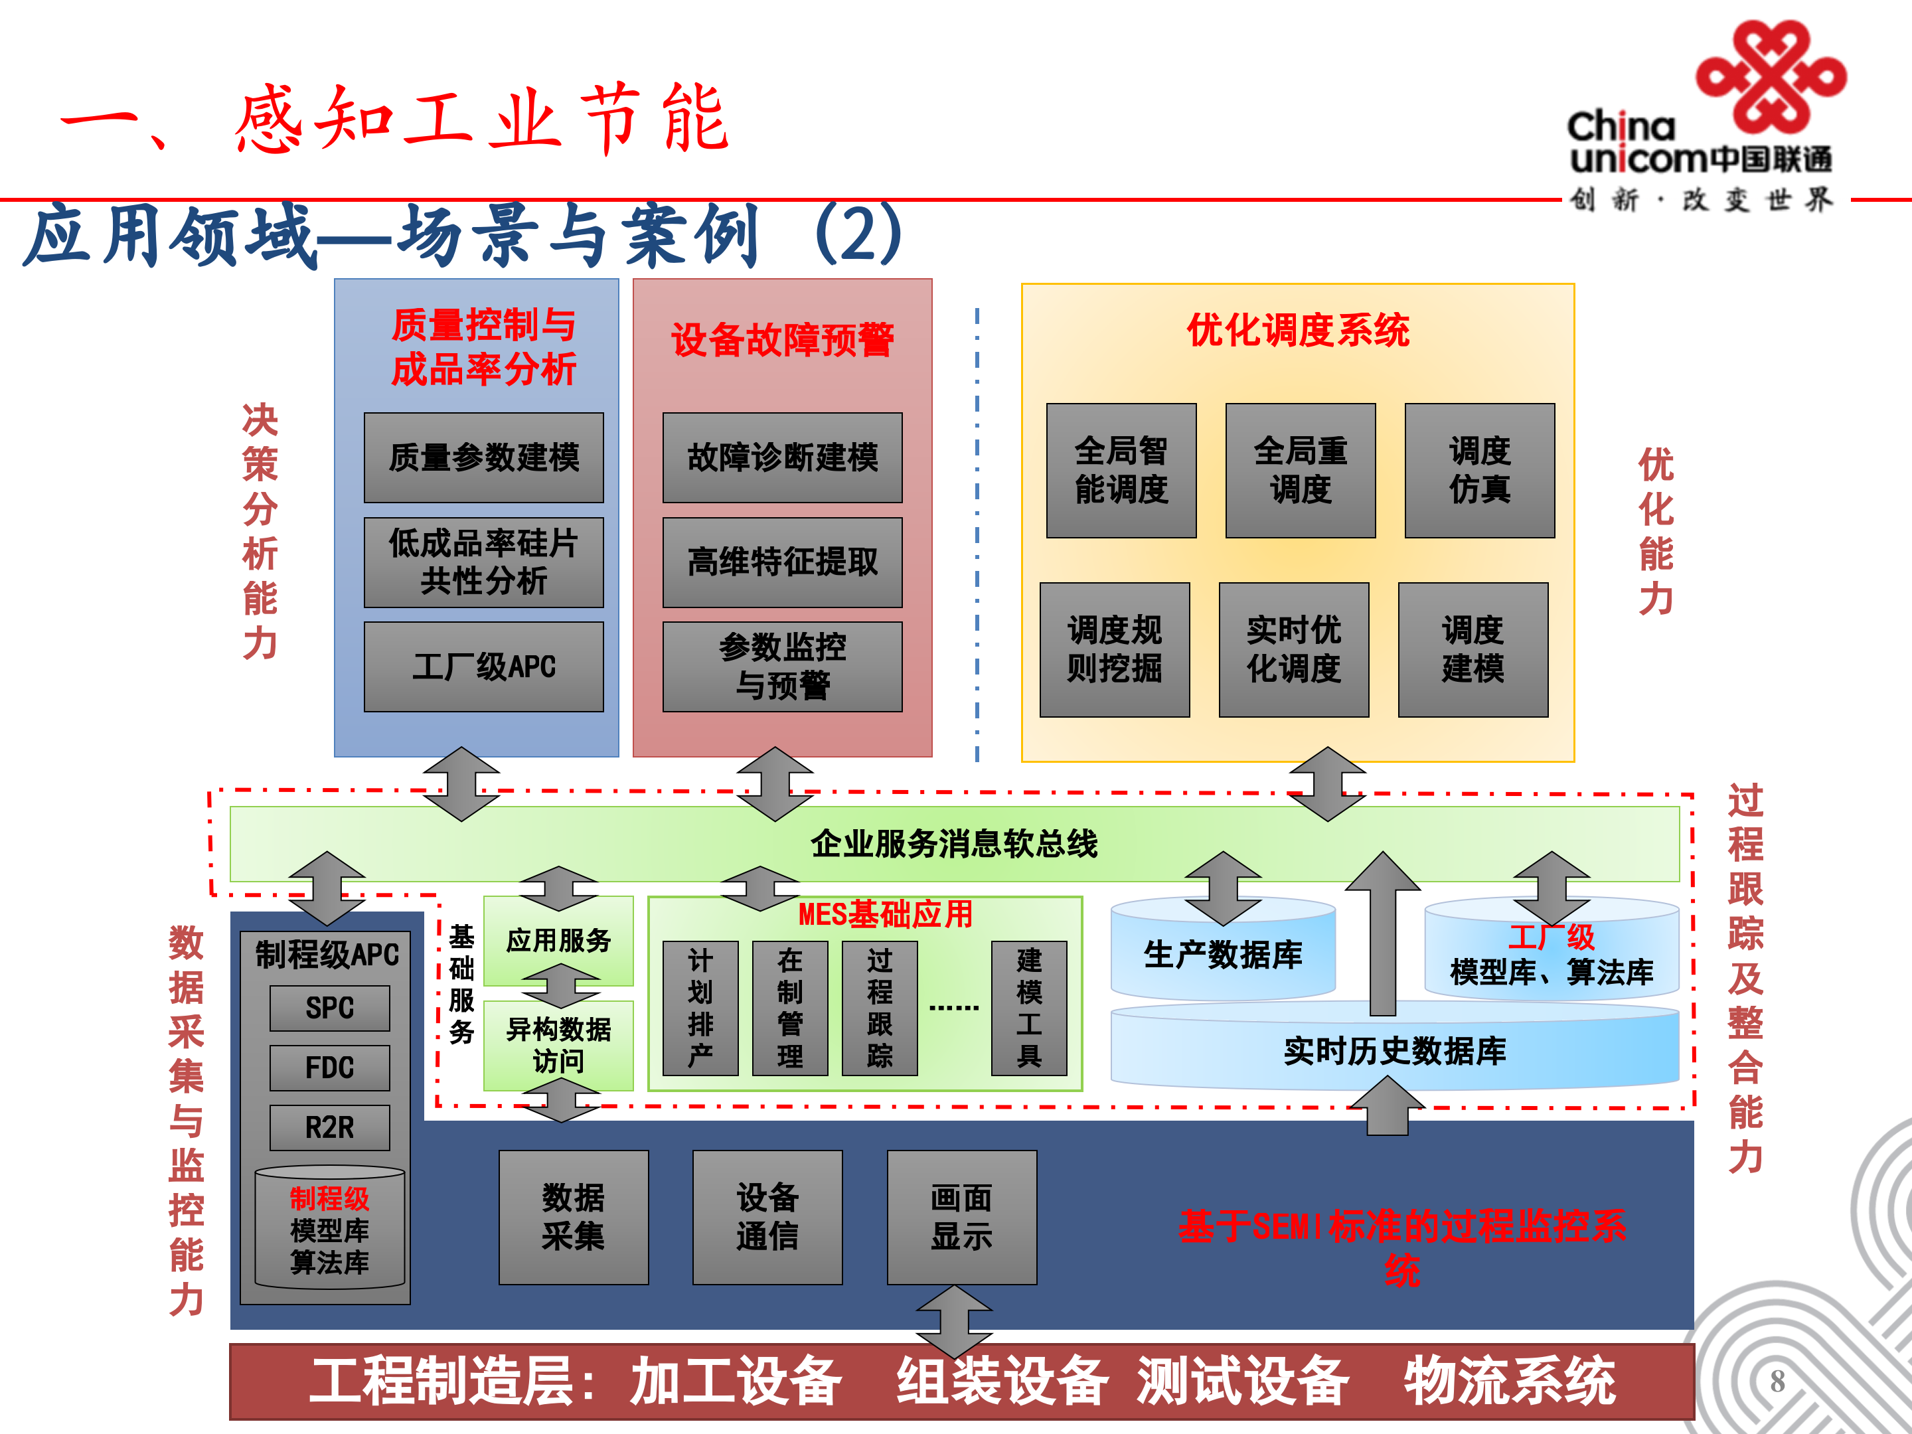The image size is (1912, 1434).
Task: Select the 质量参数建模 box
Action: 483,457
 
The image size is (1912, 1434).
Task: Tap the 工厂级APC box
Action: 483,667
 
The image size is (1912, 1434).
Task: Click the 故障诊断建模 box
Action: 781,457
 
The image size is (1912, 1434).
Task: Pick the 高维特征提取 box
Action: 781,562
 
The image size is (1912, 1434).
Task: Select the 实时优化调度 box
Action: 1293,649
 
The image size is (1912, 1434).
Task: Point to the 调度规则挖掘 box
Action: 1114,649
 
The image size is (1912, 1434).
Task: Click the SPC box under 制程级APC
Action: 329,1008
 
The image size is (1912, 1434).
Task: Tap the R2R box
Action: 329,1127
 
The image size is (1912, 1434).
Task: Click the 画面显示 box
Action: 961,1217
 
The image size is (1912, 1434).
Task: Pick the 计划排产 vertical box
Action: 700,1008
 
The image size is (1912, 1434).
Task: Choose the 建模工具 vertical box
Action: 1028,1008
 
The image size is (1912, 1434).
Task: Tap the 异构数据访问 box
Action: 558,1045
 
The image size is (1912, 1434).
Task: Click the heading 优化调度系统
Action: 1297,330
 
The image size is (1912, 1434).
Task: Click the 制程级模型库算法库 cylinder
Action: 329,1229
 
